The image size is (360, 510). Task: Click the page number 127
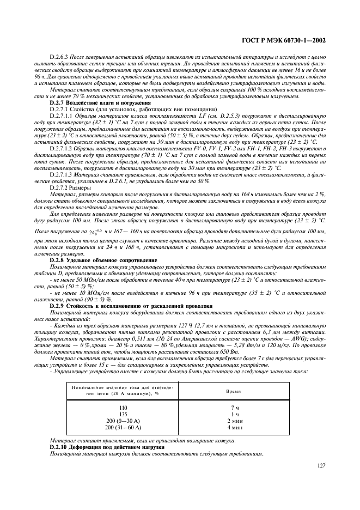tap(321, 465)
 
